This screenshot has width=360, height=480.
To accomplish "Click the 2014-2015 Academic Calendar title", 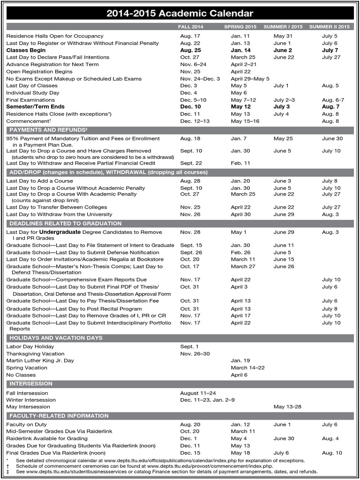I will [180, 14].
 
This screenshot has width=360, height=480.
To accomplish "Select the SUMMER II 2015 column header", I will [329, 27].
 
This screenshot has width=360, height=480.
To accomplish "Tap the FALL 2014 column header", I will [191, 27].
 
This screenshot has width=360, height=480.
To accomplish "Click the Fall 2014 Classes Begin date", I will [190, 50].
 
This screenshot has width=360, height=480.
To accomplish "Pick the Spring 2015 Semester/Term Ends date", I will [240, 107].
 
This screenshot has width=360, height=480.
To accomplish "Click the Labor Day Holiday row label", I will [27, 346].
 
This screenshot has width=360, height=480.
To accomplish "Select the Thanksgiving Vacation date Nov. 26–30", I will [195, 354].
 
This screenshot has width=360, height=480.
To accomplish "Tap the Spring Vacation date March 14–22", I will [247, 368].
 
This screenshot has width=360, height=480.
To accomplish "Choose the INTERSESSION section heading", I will [28, 383].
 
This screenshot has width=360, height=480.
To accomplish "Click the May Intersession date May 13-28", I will [287, 407].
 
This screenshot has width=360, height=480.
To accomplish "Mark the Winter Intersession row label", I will [31, 400].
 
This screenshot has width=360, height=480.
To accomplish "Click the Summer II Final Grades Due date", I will [332, 453].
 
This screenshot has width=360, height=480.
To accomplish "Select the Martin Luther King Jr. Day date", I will [240, 361].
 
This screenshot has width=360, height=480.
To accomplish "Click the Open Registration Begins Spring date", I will [240, 72].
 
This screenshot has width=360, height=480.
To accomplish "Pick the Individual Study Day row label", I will [33, 93].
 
